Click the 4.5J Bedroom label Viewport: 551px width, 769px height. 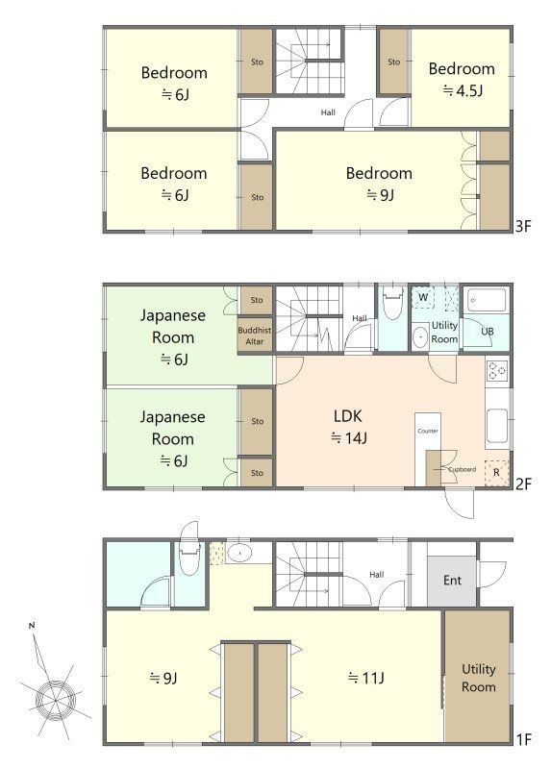tap(462, 80)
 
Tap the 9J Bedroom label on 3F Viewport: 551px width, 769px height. tap(379, 184)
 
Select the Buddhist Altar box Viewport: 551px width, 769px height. tap(255, 335)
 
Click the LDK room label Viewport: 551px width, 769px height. tap(348, 427)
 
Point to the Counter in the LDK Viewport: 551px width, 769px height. tap(428, 432)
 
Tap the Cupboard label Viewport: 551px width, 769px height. tap(462, 469)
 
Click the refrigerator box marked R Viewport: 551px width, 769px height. tap(496, 473)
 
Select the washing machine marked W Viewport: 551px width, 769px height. tap(423, 297)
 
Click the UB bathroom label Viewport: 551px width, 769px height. tap(487, 332)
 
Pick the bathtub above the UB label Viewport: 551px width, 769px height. tap(487, 300)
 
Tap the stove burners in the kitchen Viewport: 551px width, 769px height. tap(497, 370)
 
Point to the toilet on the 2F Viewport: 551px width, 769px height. tap(392, 304)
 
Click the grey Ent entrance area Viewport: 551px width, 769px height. tap(452, 581)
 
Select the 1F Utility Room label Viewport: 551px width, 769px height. tap(478, 678)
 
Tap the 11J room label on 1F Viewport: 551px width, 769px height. tap(366, 678)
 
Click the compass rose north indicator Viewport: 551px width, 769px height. tap(32, 626)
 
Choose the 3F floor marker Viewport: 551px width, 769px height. tap(523, 226)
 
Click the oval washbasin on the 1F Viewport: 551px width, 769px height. tap(238, 553)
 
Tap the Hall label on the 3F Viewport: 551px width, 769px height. tap(328, 112)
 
